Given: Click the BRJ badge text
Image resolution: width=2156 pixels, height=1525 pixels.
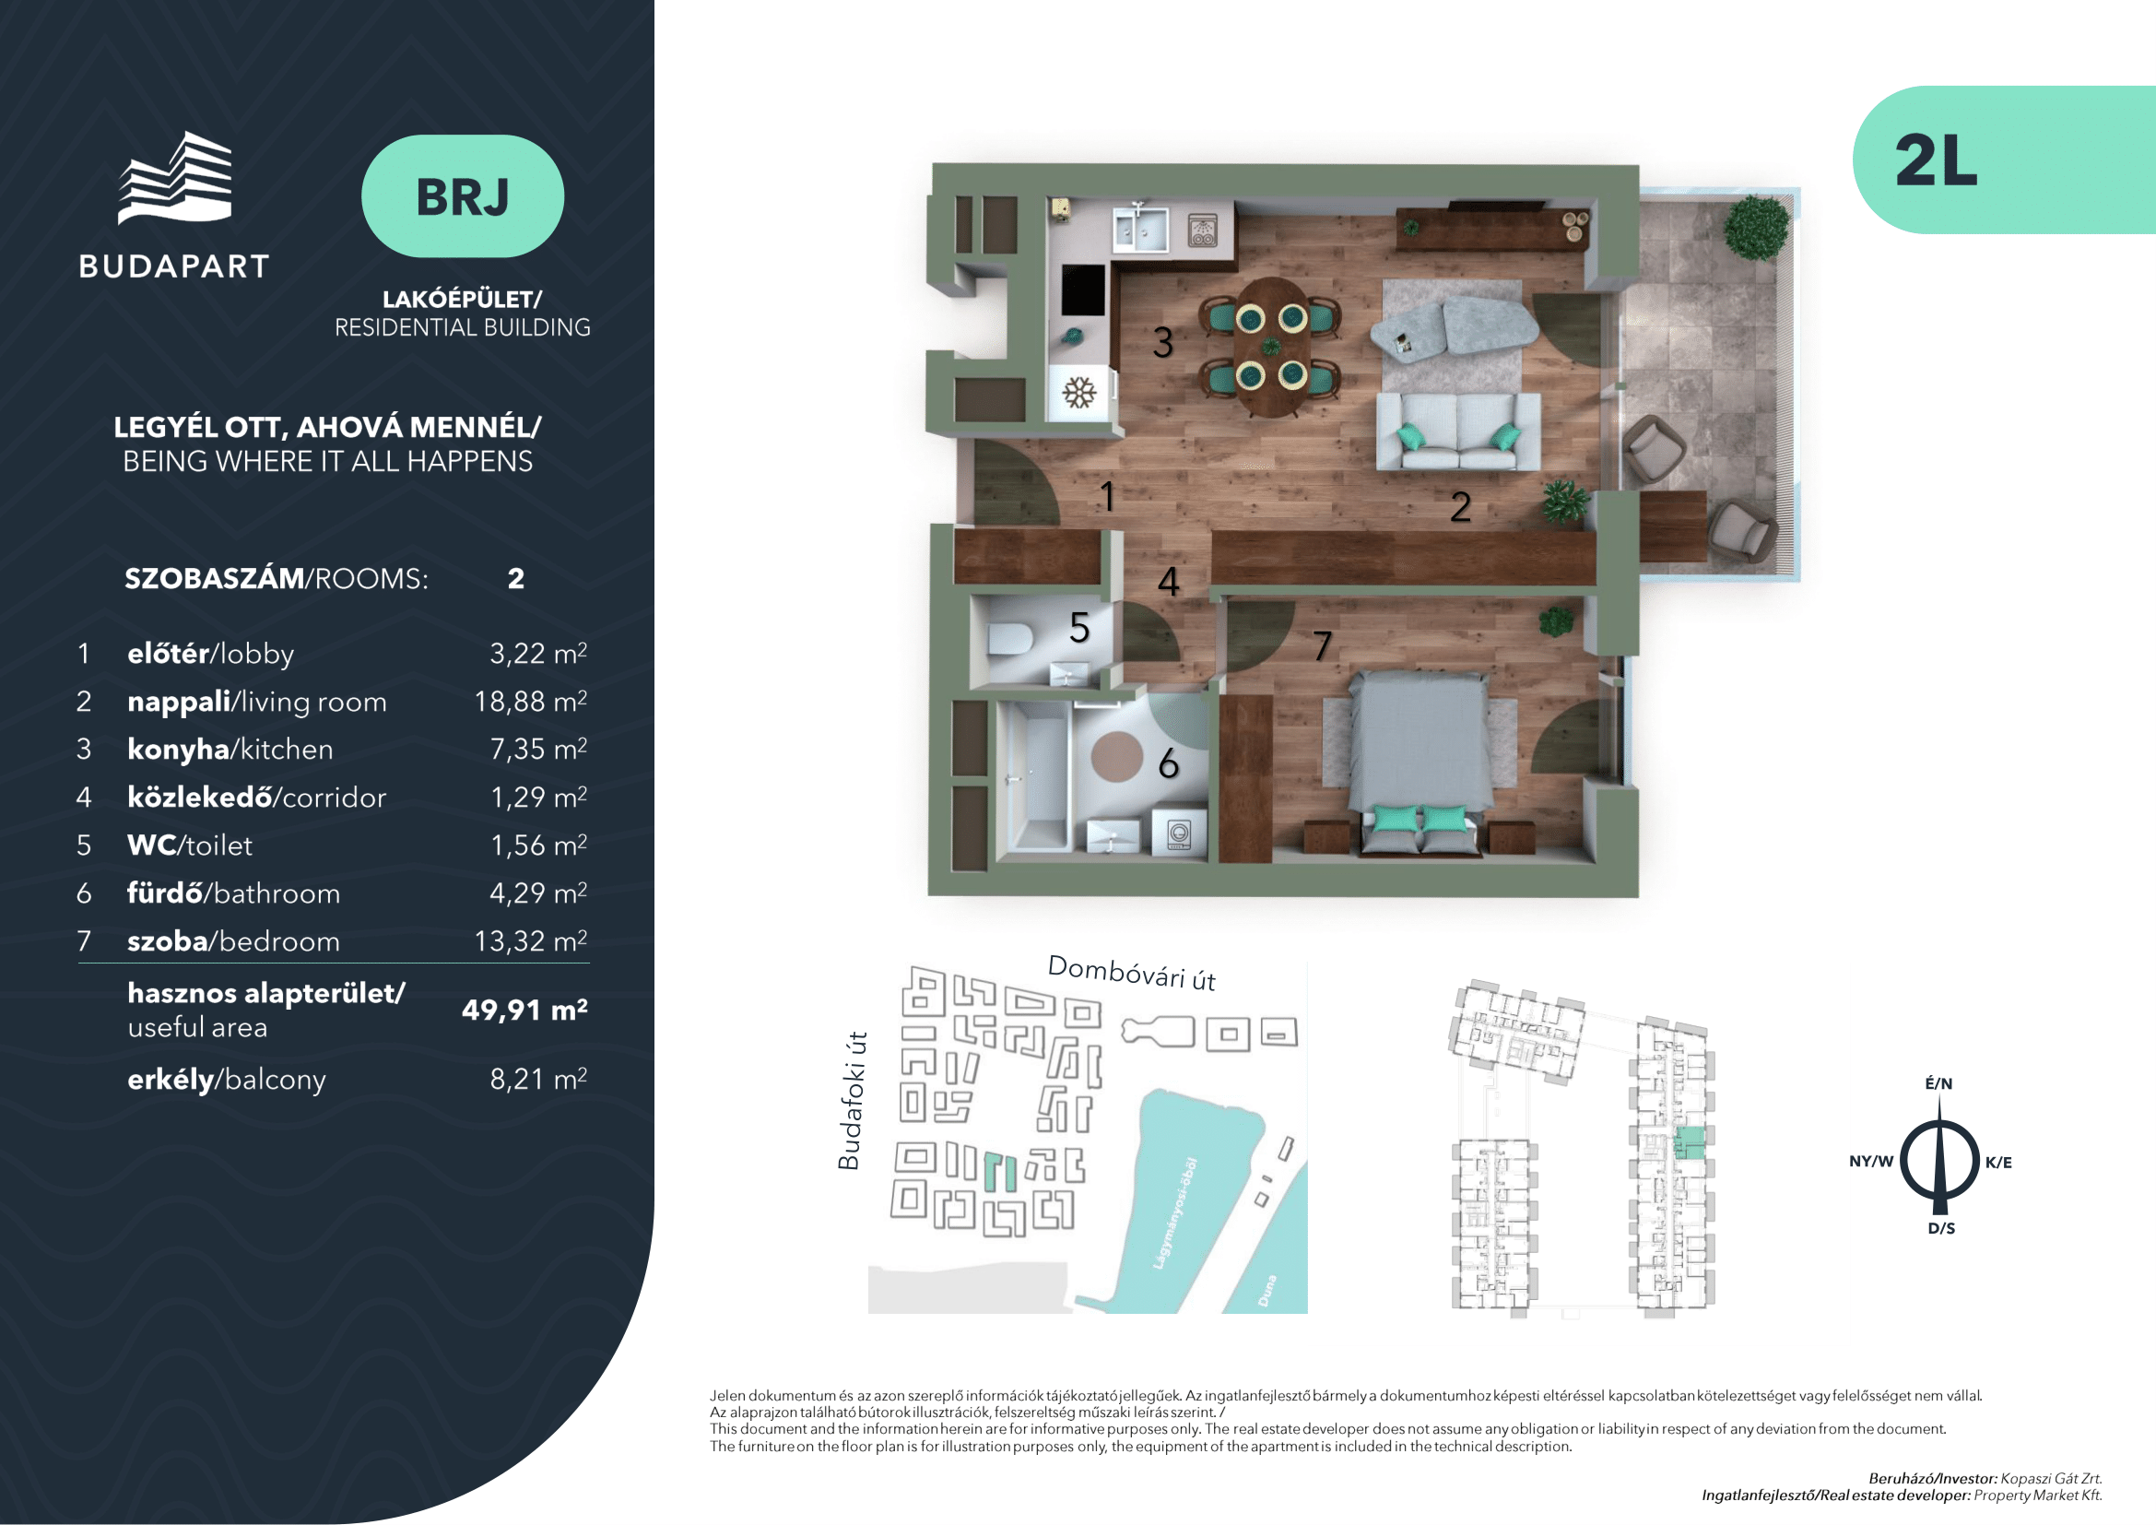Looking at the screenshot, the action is click(x=463, y=197).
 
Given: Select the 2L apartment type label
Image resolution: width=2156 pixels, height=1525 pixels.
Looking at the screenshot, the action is click(x=1937, y=160).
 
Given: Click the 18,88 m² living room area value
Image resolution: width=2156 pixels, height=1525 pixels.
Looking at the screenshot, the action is click(x=531, y=702).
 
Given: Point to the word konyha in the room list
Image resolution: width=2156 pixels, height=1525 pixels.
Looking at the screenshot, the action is click(x=179, y=750).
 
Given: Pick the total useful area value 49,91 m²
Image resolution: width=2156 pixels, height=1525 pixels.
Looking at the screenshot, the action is click(x=524, y=1010).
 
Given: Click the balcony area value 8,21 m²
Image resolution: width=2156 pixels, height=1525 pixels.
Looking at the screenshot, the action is click(x=538, y=1079).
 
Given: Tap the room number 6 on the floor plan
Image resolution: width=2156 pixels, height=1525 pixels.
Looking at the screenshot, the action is click(x=1168, y=763).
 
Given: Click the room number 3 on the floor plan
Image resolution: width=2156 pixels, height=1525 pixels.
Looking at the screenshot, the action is click(x=1162, y=343).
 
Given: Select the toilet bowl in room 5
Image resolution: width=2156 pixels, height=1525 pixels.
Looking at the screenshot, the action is click(x=1009, y=639).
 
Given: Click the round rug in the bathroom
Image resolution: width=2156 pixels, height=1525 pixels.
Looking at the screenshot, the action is click(x=1116, y=756).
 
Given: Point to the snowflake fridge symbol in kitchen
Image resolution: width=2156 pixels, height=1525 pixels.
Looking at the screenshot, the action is click(x=1079, y=393).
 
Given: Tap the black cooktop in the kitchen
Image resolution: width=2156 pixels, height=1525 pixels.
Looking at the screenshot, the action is click(x=1083, y=290).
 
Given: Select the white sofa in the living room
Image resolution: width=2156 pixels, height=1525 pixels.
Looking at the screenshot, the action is click(x=1457, y=431).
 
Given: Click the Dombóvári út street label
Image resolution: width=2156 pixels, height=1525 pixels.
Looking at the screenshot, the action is click(x=1132, y=973).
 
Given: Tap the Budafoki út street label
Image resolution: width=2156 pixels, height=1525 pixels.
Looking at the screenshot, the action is click(x=850, y=1101).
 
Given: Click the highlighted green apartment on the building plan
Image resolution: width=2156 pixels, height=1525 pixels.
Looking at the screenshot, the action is click(x=1691, y=1142).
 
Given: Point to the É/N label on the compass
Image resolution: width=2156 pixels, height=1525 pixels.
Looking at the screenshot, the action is click(x=1938, y=1083).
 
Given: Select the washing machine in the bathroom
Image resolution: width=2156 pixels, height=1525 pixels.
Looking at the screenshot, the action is click(x=1180, y=833).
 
